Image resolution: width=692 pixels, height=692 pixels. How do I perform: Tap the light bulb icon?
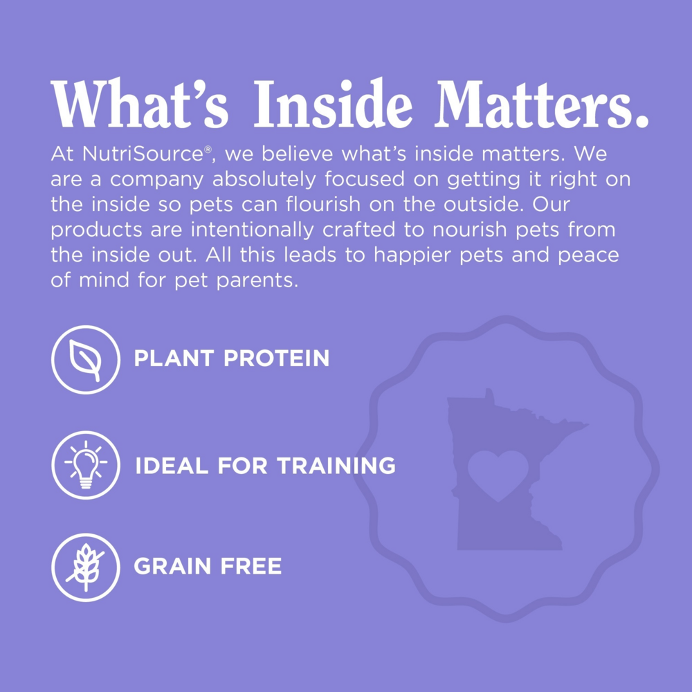tap(86, 465)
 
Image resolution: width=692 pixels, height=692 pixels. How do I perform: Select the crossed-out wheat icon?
tap(86, 567)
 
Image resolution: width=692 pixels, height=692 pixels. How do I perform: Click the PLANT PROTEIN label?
tap(232, 358)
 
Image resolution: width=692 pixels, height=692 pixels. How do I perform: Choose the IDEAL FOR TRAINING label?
tap(265, 466)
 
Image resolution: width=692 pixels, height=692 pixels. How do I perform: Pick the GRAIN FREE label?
tap(208, 566)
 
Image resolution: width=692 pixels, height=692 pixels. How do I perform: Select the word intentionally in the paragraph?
tap(252, 230)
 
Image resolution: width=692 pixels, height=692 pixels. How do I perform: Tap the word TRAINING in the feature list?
tap(336, 466)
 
